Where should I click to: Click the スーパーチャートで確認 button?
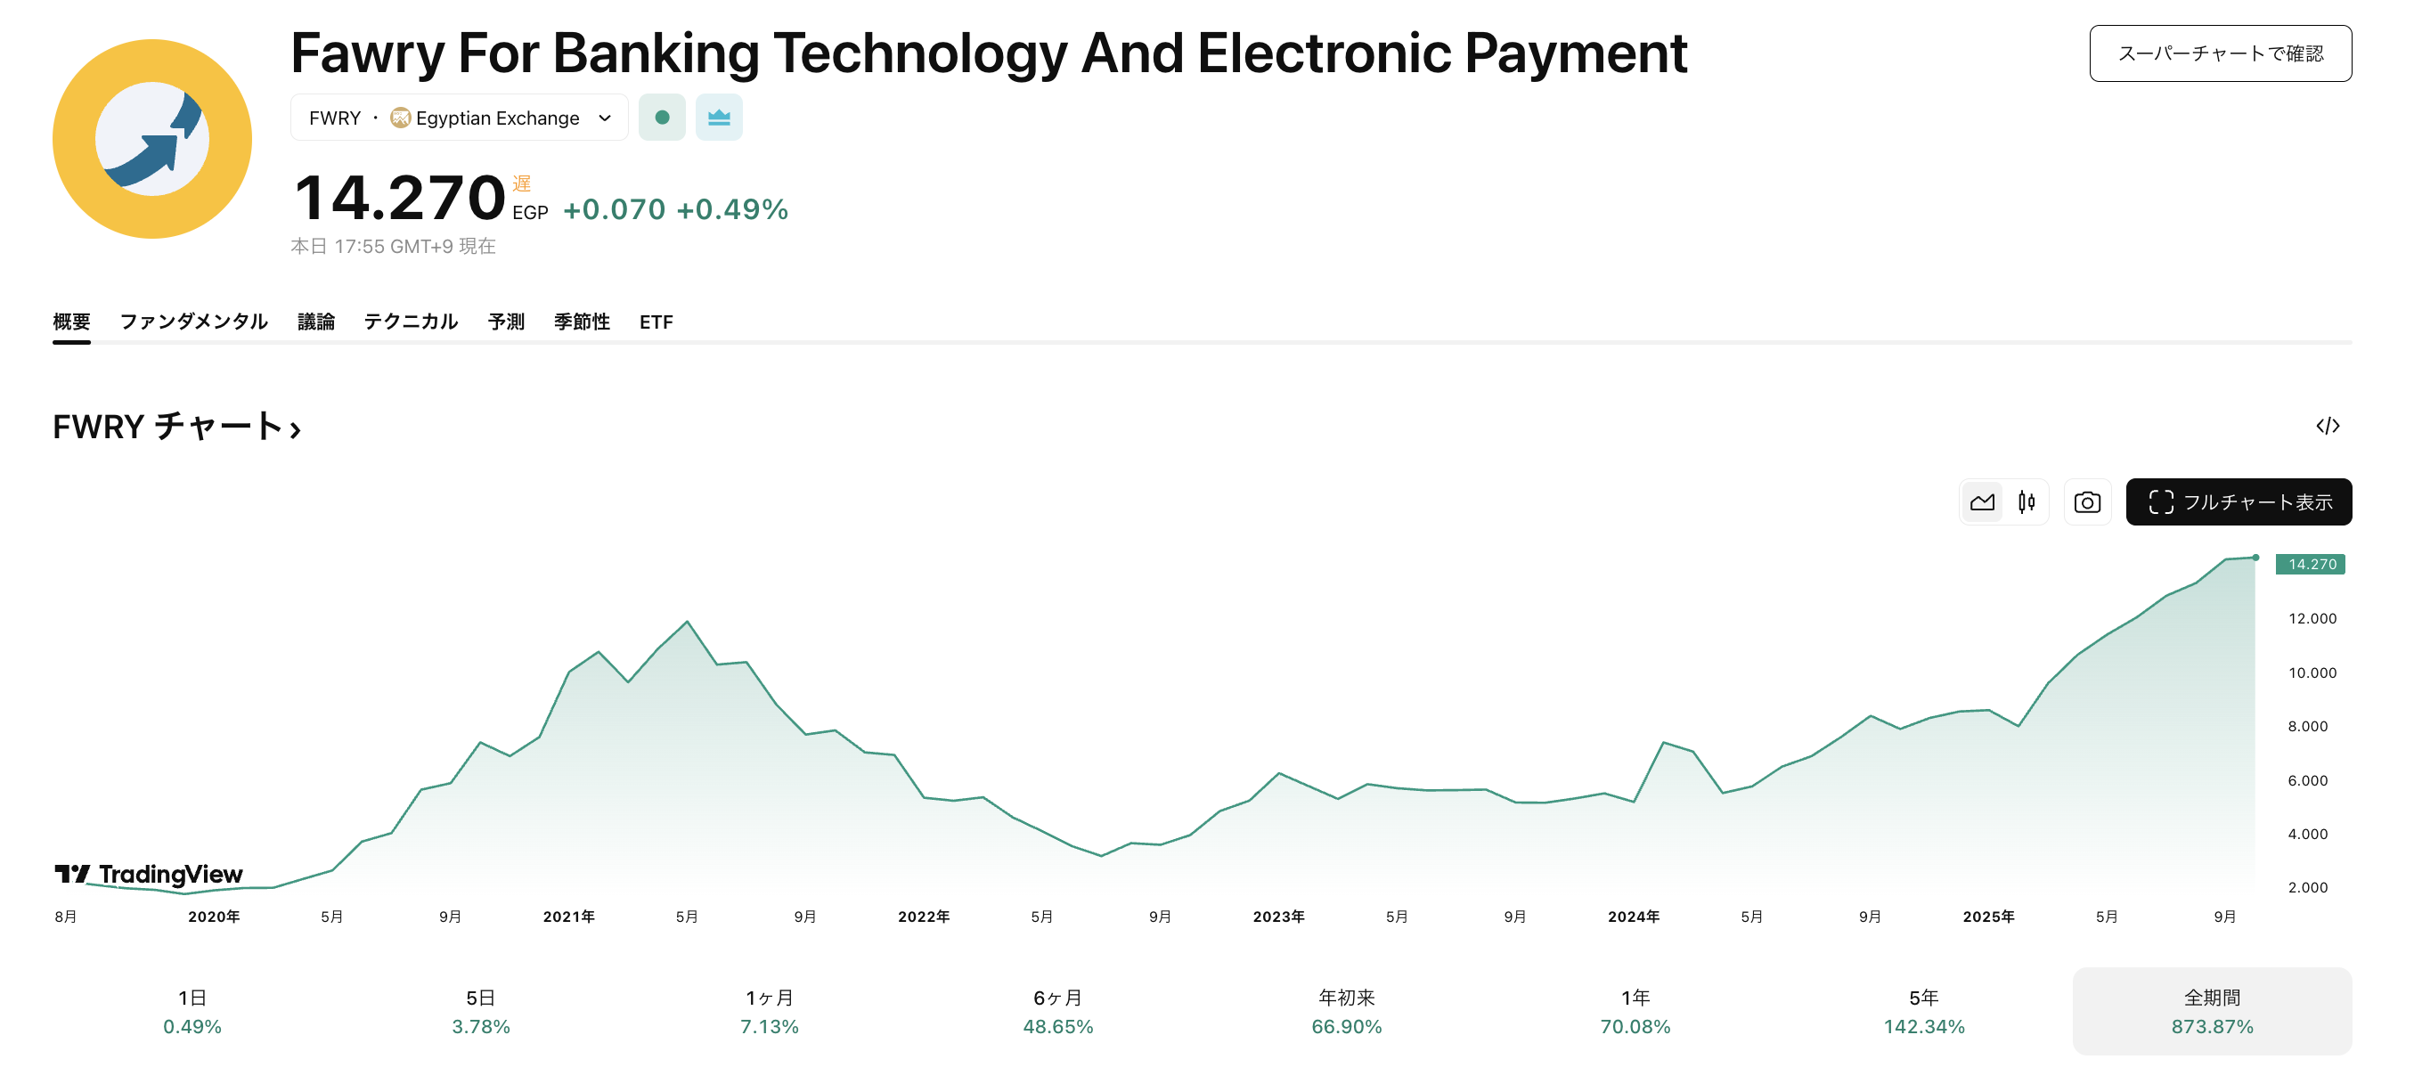(2219, 53)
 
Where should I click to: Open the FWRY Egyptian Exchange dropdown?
(459, 118)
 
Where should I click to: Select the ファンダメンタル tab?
(193, 322)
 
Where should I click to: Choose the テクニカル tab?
(411, 322)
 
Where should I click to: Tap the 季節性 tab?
(581, 322)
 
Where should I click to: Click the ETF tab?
(656, 322)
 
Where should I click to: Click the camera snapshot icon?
(2087, 502)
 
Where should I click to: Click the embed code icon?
(2327, 427)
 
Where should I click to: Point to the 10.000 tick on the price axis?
(2312, 673)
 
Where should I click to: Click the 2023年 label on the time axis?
(1278, 917)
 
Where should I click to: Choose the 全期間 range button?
(2212, 1011)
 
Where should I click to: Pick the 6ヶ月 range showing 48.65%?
(1058, 1011)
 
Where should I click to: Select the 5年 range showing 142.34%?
(1923, 1011)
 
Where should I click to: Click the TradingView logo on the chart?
(149, 875)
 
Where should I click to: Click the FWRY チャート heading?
(176, 427)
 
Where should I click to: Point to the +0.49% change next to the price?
(732, 209)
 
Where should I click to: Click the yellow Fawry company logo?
(151, 139)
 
